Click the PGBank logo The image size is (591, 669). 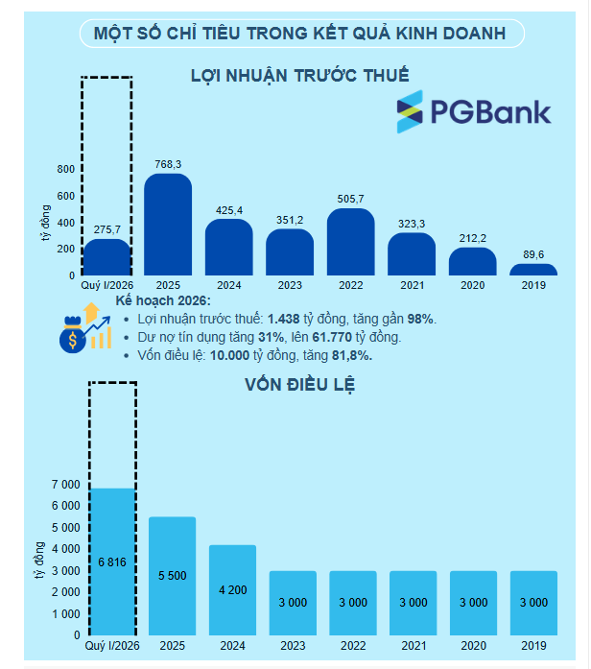coord(474,111)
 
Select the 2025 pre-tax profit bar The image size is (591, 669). coord(168,225)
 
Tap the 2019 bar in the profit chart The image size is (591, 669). coord(533,270)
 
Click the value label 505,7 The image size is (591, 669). coord(350,199)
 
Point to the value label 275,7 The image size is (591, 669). coord(107,229)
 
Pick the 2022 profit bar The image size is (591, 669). coord(350,242)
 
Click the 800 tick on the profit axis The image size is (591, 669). coord(65,169)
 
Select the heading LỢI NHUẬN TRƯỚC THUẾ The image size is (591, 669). coord(299,76)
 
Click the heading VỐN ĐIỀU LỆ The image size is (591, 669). coord(299,385)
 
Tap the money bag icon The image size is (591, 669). coord(73,335)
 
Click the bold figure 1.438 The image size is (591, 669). coord(284,319)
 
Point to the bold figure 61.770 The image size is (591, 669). coord(332,337)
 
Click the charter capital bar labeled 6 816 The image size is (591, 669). coord(112,561)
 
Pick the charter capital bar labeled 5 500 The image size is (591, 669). coord(173,576)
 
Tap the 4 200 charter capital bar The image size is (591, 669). coord(232,590)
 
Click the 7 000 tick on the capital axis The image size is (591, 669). coord(65,485)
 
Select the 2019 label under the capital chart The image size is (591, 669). coord(533,646)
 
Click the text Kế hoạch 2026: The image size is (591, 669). coord(163,300)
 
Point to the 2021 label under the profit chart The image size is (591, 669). coord(412,285)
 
